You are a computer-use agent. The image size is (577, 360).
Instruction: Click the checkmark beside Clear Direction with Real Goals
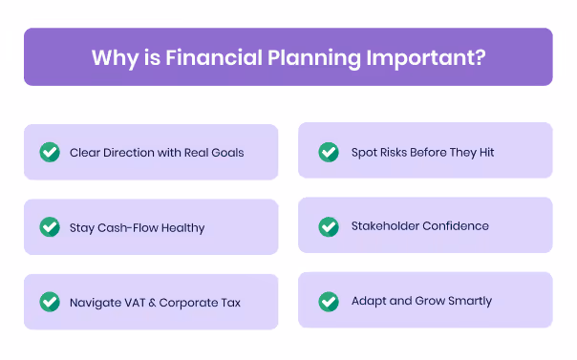49,152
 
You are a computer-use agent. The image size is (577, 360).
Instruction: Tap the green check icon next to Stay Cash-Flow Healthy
49,227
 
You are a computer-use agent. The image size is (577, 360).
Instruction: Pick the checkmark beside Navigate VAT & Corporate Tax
49,303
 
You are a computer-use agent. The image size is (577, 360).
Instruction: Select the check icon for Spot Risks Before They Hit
328,152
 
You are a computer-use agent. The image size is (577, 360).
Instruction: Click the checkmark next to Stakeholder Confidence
328,226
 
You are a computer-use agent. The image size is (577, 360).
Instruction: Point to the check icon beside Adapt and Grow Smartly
328,301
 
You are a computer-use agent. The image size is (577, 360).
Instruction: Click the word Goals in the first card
225,153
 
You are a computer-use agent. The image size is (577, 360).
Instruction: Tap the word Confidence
456,226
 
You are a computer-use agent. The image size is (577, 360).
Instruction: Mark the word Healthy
182,228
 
